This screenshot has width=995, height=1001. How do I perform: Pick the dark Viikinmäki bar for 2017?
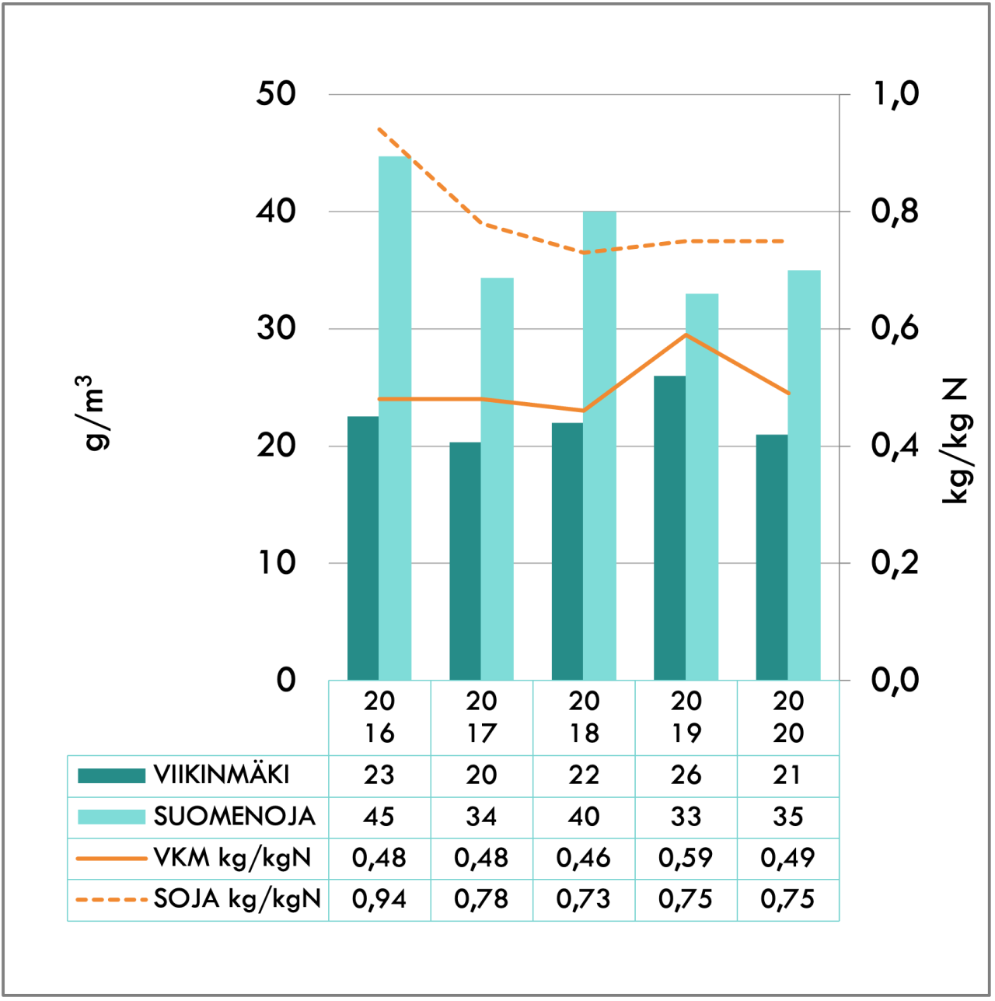pos(465,561)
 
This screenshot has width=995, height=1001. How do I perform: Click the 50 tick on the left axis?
pos(277,94)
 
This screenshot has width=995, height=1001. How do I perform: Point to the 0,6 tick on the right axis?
pos(894,328)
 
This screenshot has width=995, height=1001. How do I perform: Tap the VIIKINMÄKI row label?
pos(222,775)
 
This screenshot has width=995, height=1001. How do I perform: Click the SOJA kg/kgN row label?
pos(237,899)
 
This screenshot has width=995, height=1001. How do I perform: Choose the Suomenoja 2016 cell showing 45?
pos(379,817)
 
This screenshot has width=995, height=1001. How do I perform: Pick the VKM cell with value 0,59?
pos(686,858)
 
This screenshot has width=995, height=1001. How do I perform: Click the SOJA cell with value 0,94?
pos(379,899)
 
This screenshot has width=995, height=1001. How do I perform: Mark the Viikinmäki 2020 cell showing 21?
pos(787,775)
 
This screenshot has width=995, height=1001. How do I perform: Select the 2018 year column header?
pos(584,717)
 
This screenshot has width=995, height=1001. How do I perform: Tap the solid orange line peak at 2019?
pos(686,334)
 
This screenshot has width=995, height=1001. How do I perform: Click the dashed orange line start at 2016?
pos(379,129)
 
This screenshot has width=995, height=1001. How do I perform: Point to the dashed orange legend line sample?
pos(111,900)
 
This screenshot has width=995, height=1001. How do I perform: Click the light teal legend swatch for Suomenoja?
pos(111,817)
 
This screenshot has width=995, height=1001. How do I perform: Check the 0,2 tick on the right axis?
pos(894,562)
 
